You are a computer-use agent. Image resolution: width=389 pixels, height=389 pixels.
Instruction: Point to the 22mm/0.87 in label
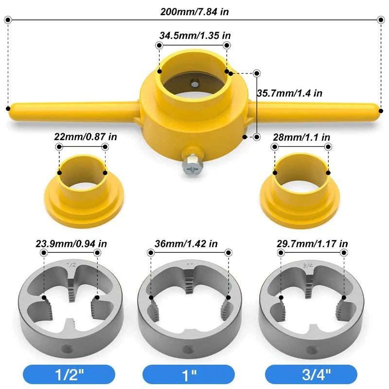[x=86, y=137]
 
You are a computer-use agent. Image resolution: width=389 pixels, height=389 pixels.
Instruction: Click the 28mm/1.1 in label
[x=302, y=137]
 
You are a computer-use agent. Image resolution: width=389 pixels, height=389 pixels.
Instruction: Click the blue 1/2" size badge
[x=68, y=375]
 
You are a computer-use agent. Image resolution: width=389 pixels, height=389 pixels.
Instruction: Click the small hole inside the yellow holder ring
[x=194, y=83]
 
